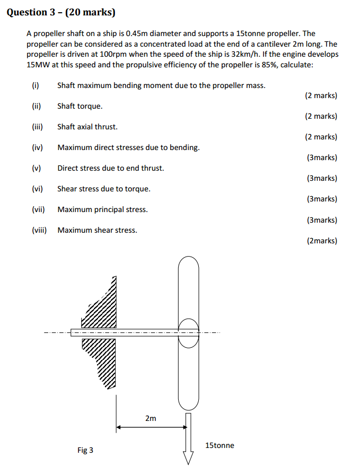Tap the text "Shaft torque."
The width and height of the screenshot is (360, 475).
(80, 106)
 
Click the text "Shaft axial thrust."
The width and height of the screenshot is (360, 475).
(87, 127)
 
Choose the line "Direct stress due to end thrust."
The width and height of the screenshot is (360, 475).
(111, 168)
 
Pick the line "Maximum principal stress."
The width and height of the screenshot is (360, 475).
(102, 209)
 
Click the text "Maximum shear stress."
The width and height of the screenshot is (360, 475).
(97, 230)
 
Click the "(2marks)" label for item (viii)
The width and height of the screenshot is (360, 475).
(322, 241)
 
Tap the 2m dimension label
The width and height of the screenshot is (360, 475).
(151, 418)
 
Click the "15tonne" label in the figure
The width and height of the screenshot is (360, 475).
(219, 445)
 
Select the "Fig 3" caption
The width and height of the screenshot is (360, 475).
(85, 450)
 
